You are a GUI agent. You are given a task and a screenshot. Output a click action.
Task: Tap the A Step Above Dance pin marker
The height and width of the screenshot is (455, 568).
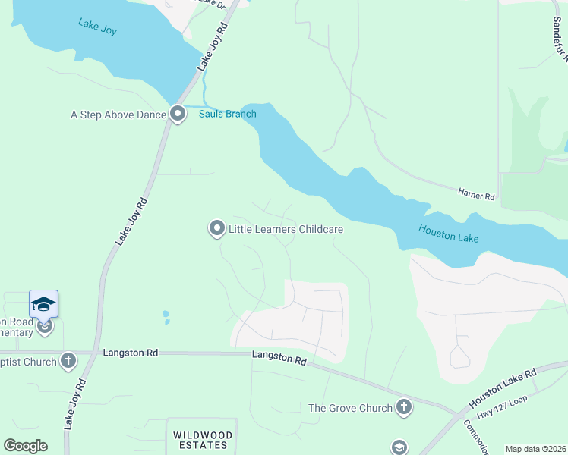tap(178, 115)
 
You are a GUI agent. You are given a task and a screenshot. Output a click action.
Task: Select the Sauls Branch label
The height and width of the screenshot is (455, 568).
tap(228, 115)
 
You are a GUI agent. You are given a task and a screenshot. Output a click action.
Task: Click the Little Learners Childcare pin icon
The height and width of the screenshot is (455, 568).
tap(217, 228)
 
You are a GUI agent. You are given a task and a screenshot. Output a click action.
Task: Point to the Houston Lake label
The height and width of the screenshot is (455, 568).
tap(449, 233)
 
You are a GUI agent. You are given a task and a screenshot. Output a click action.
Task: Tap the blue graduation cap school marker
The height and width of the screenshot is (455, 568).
tap(43, 305)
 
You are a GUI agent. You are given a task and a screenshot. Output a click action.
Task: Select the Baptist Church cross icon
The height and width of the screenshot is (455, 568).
tap(68, 361)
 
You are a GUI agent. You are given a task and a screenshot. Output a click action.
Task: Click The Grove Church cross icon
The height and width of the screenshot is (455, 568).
tap(403, 408)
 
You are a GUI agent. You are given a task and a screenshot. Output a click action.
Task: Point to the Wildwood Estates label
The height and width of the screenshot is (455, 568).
tap(201, 440)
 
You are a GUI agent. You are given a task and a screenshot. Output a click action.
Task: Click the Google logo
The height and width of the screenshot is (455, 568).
tap(25, 446)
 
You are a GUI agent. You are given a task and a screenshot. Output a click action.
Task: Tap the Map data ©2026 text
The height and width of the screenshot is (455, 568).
tap(535, 449)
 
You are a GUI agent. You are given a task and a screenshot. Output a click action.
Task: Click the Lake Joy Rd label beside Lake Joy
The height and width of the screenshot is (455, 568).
tap(213, 47)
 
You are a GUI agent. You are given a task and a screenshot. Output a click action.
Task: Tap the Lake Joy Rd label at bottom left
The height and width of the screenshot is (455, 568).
tap(74, 404)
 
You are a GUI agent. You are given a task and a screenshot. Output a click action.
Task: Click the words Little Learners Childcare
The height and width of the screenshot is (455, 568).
tap(286, 229)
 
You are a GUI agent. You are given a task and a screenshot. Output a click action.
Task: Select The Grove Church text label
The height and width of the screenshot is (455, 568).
tap(350, 409)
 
